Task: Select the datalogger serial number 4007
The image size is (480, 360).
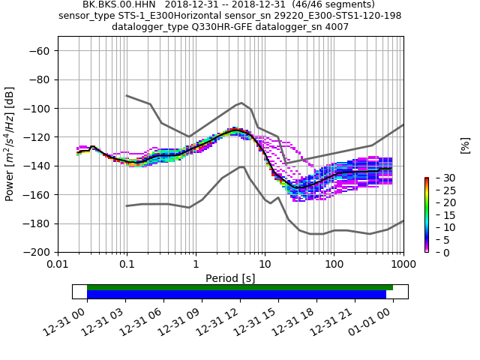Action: (x=337, y=27)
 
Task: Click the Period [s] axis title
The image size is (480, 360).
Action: (x=230, y=278)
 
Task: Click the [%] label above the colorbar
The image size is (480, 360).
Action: (x=465, y=145)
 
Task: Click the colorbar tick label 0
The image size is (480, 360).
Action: (x=437, y=252)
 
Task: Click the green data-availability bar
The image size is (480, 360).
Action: (x=240, y=287)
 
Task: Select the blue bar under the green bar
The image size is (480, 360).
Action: (x=236, y=295)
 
